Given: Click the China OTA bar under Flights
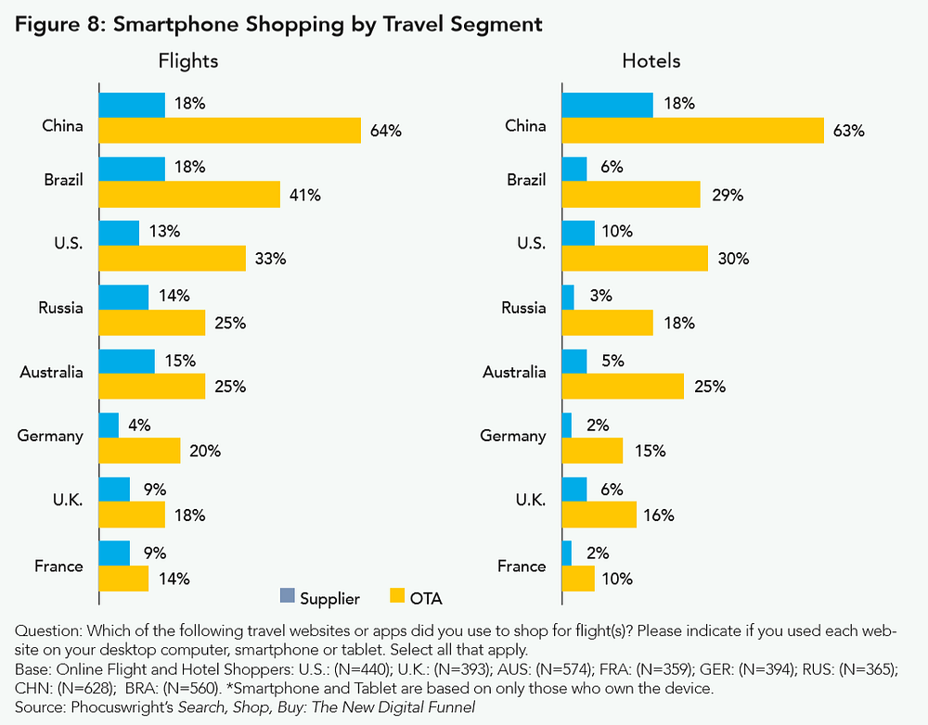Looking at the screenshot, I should (229, 131).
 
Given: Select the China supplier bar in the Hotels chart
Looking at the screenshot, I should (607, 105).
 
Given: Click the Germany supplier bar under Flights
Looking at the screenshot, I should (109, 426).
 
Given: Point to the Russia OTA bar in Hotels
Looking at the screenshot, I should (607, 323).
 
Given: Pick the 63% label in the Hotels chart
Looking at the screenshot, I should (849, 131).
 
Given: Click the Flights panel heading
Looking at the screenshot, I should (188, 62).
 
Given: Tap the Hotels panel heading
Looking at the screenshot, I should (651, 62).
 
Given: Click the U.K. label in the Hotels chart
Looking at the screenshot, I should (529, 500).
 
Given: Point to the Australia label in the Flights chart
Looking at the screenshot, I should (52, 372).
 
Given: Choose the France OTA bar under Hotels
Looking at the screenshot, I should (578, 579).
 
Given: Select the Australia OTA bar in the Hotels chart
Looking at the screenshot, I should (623, 387).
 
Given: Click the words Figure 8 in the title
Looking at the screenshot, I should (59, 25).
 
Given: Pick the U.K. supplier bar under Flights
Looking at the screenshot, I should (114, 490).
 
